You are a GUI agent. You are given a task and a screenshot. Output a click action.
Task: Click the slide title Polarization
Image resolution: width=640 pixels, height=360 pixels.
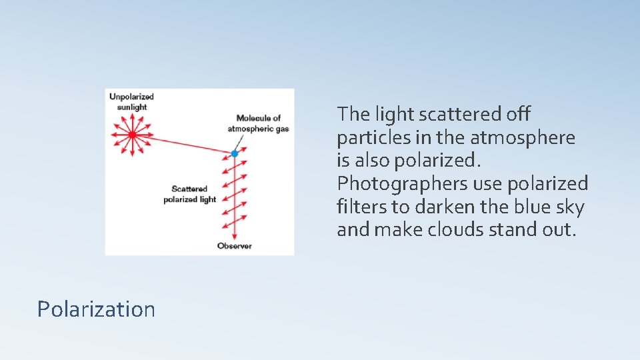click(96, 309)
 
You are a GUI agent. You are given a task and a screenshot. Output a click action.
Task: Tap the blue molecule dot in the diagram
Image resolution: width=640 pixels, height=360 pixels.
click(235, 154)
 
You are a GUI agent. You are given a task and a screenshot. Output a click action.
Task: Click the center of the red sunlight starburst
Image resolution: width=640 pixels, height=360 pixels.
click(132, 135)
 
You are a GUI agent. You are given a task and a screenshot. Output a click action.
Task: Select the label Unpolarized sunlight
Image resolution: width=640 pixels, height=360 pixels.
click(131, 102)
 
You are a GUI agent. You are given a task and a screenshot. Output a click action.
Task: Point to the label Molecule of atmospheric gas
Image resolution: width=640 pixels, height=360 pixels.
click(259, 123)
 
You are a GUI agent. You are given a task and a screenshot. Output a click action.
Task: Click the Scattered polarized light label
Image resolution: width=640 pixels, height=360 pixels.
click(189, 194)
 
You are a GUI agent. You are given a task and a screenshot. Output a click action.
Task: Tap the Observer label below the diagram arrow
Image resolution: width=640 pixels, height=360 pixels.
click(235, 246)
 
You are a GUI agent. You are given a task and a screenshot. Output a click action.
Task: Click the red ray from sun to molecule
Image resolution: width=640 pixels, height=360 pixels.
click(183, 144)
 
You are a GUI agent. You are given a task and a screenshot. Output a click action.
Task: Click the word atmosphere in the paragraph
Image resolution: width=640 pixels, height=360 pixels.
click(523, 137)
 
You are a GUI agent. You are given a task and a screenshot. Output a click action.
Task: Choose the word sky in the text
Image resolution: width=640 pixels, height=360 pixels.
click(571, 207)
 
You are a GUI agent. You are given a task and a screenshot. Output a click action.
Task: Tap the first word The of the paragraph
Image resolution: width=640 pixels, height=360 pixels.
click(353, 114)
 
